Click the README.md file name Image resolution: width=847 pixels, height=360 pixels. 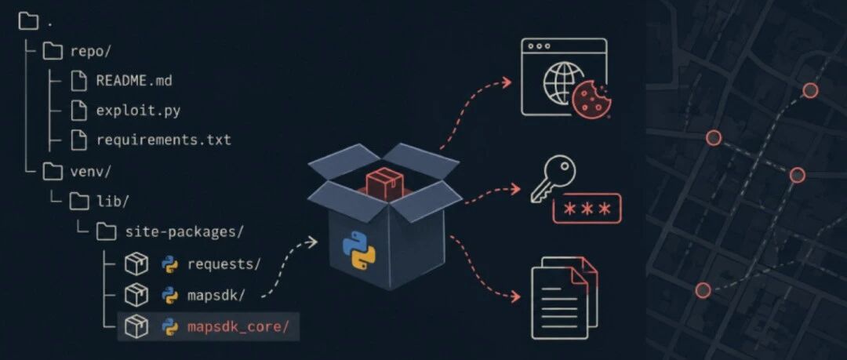(x=134, y=81)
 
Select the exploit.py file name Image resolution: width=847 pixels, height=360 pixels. (x=138, y=111)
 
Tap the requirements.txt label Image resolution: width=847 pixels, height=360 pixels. (x=164, y=140)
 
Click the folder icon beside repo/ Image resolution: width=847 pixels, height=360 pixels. (x=53, y=51)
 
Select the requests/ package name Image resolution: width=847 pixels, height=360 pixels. (x=224, y=264)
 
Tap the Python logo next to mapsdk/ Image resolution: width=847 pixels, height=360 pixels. (x=170, y=296)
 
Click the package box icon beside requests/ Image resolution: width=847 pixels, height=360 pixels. (x=136, y=264)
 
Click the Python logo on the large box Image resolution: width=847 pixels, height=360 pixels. (x=359, y=249)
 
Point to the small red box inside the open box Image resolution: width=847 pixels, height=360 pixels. (x=384, y=183)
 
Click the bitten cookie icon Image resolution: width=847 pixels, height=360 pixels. (x=591, y=100)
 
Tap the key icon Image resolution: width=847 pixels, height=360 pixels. (x=553, y=179)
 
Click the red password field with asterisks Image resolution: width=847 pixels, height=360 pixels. (x=587, y=209)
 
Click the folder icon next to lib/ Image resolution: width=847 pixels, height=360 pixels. (x=79, y=202)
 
